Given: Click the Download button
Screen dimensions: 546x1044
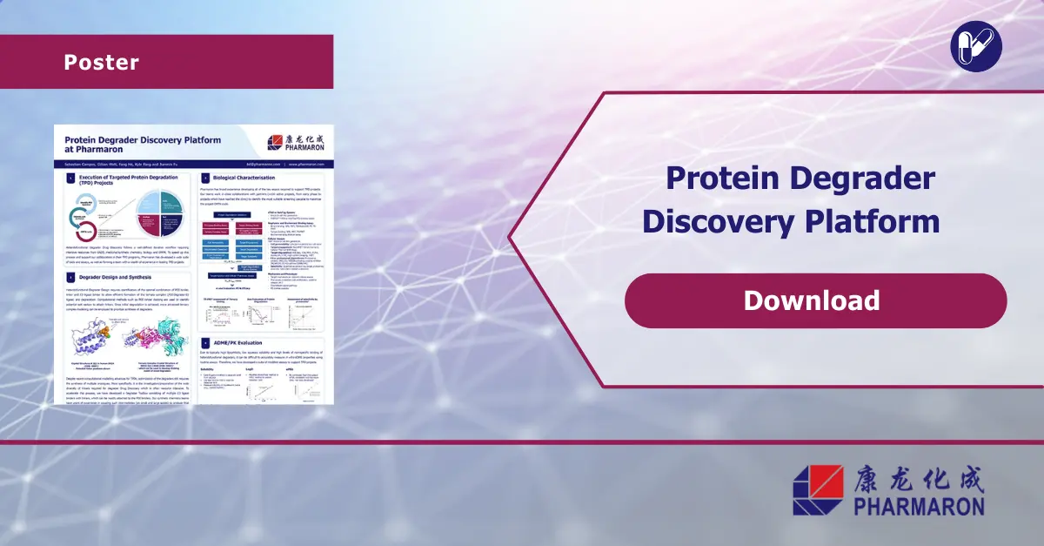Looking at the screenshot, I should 815,300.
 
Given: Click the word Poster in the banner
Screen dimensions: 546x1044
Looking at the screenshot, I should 101,63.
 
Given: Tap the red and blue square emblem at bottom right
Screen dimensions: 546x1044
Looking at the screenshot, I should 818,489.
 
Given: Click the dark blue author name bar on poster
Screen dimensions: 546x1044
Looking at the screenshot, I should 193,163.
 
